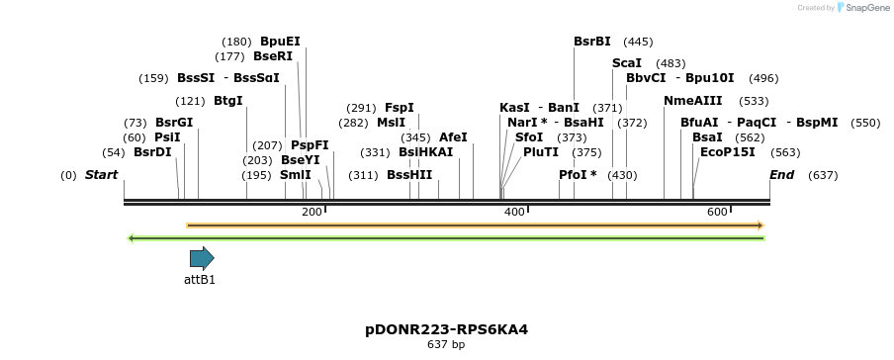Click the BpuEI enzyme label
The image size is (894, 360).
[280, 42]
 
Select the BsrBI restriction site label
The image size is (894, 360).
[592, 42]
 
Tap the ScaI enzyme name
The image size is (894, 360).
[626, 63]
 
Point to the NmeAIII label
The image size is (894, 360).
[692, 101]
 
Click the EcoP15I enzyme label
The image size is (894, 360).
[727, 152]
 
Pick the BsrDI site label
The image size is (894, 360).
[152, 152]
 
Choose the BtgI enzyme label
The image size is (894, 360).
[227, 101]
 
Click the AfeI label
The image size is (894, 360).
[453, 137]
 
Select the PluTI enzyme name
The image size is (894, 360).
[541, 152]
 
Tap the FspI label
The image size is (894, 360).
[400, 108]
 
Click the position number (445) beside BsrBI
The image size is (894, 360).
[638, 42]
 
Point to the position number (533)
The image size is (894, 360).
[754, 101]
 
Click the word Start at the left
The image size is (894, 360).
[101, 175]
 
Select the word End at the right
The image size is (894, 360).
[781, 175]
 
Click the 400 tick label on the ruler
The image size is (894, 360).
[514, 213]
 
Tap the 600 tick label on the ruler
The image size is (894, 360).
[717, 213]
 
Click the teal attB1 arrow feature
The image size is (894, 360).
[202, 258]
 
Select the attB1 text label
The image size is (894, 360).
[200, 280]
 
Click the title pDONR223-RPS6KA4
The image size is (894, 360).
[446, 329]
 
